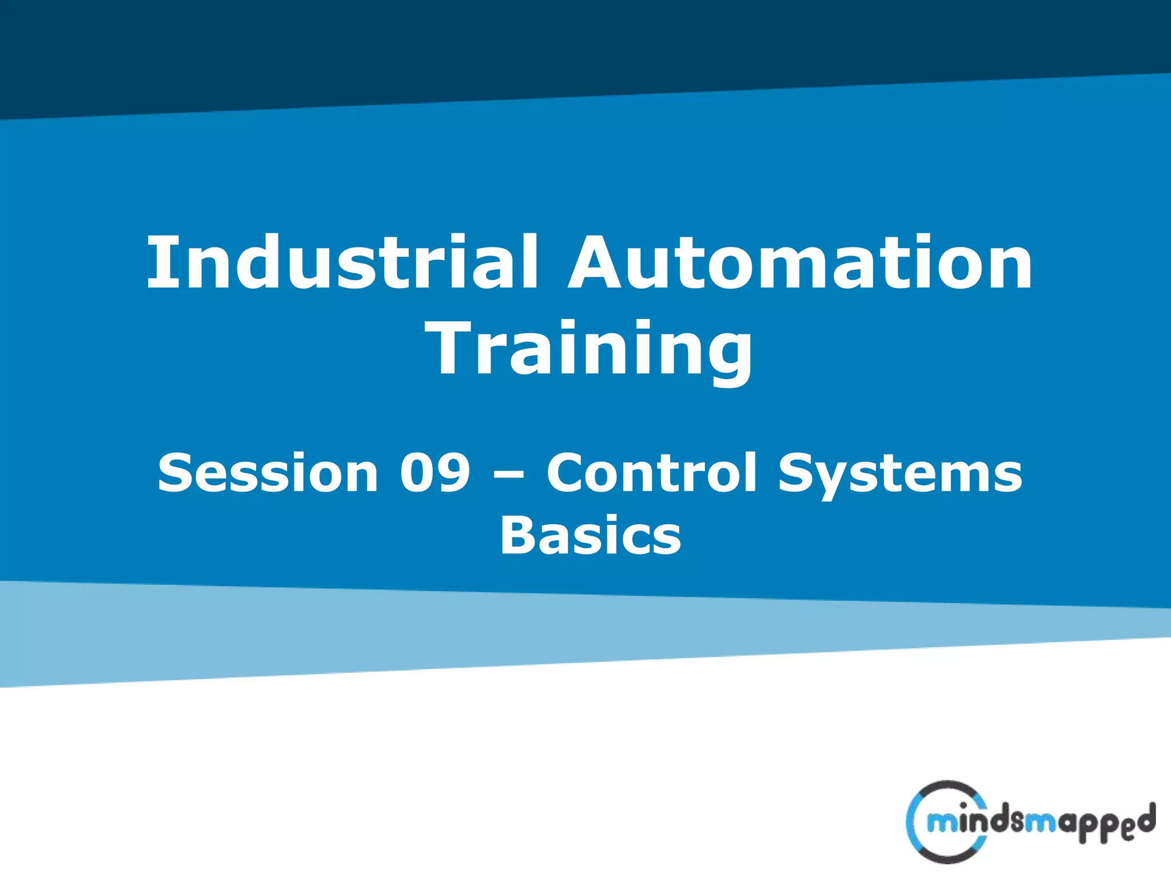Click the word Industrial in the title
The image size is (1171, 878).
(342, 263)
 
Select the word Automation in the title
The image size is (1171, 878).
(800, 263)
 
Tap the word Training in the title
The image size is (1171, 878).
(589, 350)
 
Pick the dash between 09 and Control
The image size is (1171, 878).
(508, 476)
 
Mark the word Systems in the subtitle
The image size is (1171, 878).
(900, 474)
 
